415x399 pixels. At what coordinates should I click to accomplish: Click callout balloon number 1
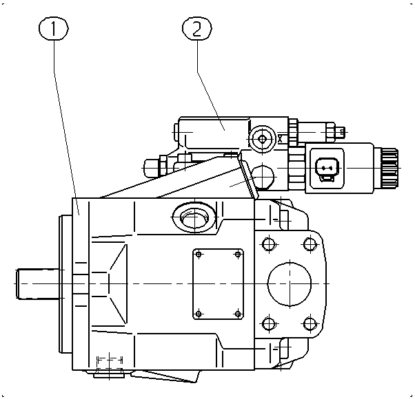(x=54, y=28)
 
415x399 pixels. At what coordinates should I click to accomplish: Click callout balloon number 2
(x=197, y=28)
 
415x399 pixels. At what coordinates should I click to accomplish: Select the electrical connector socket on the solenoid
(x=327, y=169)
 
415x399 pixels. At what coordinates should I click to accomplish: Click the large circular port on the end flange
(x=290, y=283)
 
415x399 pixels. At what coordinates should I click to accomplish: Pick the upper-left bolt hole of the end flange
(x=269, y=244)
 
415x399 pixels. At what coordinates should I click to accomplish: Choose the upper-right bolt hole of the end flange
(x=310, y=244)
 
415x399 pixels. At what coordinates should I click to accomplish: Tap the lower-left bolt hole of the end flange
(x=269, y=323)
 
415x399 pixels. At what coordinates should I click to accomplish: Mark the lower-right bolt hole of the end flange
(x=310, y=323)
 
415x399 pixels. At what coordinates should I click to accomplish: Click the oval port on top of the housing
(x=194, y=217)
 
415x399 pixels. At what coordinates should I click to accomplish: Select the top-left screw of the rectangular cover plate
(x=199, y=255)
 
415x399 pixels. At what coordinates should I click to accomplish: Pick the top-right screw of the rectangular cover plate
(x=238, y=255)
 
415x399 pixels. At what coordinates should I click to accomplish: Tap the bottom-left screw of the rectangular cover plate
(x=199, y=314)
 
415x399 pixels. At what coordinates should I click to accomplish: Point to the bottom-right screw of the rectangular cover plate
(x=238, y=314)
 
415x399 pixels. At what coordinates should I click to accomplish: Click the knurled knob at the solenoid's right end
(x=389, y=168)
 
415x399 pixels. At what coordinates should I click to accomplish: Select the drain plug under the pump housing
(x=109, y=373)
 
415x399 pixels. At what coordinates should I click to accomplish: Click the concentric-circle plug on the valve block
(x=262, y=139)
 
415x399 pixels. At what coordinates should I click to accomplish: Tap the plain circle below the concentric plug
(x=262, y=177)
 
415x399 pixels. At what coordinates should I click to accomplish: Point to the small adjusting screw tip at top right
(x=342, y=131)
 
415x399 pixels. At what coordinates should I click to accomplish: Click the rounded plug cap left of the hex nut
(x=152, y=168)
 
